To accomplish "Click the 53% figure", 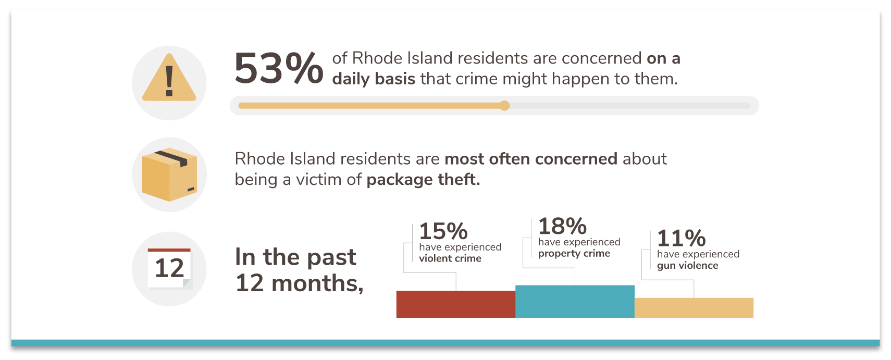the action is click(x=279, y=68).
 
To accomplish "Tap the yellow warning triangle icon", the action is click(x=169, y=78).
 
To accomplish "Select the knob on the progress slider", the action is click(x=504, y=105).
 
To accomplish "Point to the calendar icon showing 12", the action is click(x=169, y=268).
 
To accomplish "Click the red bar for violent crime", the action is click(x=456, y=304).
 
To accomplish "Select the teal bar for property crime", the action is click(x=575, y=301).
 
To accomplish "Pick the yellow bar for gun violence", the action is click(x=694, y=307).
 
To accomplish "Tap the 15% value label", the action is click(x=443, y=231).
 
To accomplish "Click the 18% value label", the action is click(x=562, y=226).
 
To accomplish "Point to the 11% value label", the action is click(x=682, y=238).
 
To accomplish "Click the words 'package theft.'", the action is click(x=423, y=180).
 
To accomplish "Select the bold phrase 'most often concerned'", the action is click(x=531, y=159).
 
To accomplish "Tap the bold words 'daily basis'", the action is click(x=374, y=79).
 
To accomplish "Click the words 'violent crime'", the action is click(x=450, y=258).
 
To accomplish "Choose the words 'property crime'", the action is click(x=574, y=254).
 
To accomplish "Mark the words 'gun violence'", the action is click(x=688, y=266).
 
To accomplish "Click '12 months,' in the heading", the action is click(x=300, y=283).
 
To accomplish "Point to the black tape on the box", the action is click(x=171, y=158).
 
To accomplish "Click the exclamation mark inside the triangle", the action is click(x=169, y=81).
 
